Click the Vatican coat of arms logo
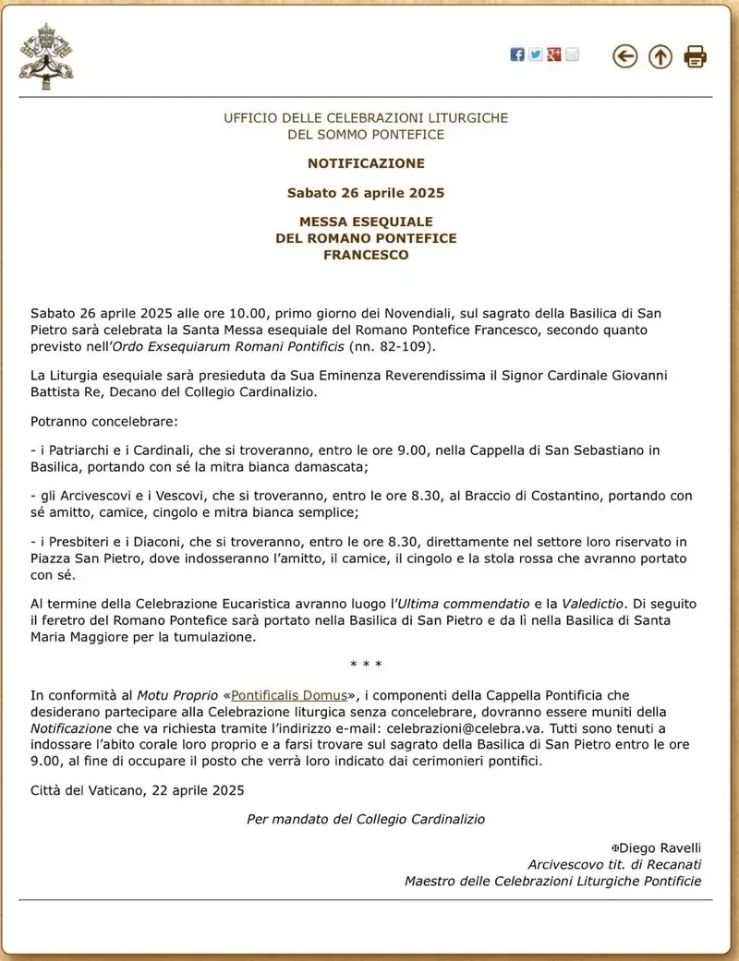tap(45, 56)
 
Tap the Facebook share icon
tap(517, 54)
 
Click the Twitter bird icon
tap(536, 54)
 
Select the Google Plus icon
tap(554, 54)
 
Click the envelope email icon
tap(572, 54)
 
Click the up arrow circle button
tap(660, 56)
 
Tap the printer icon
tap(696, 56)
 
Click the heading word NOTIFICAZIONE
tap(366, 163)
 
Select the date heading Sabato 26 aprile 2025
tap(366, 193)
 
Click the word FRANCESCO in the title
tap(366, 255)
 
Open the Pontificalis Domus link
tap(289, 695)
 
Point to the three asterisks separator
tap(366, 665)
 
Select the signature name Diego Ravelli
tap(660, 847)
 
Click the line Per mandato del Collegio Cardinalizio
tap(366, 819)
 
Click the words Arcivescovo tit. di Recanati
tap(614, 864)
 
